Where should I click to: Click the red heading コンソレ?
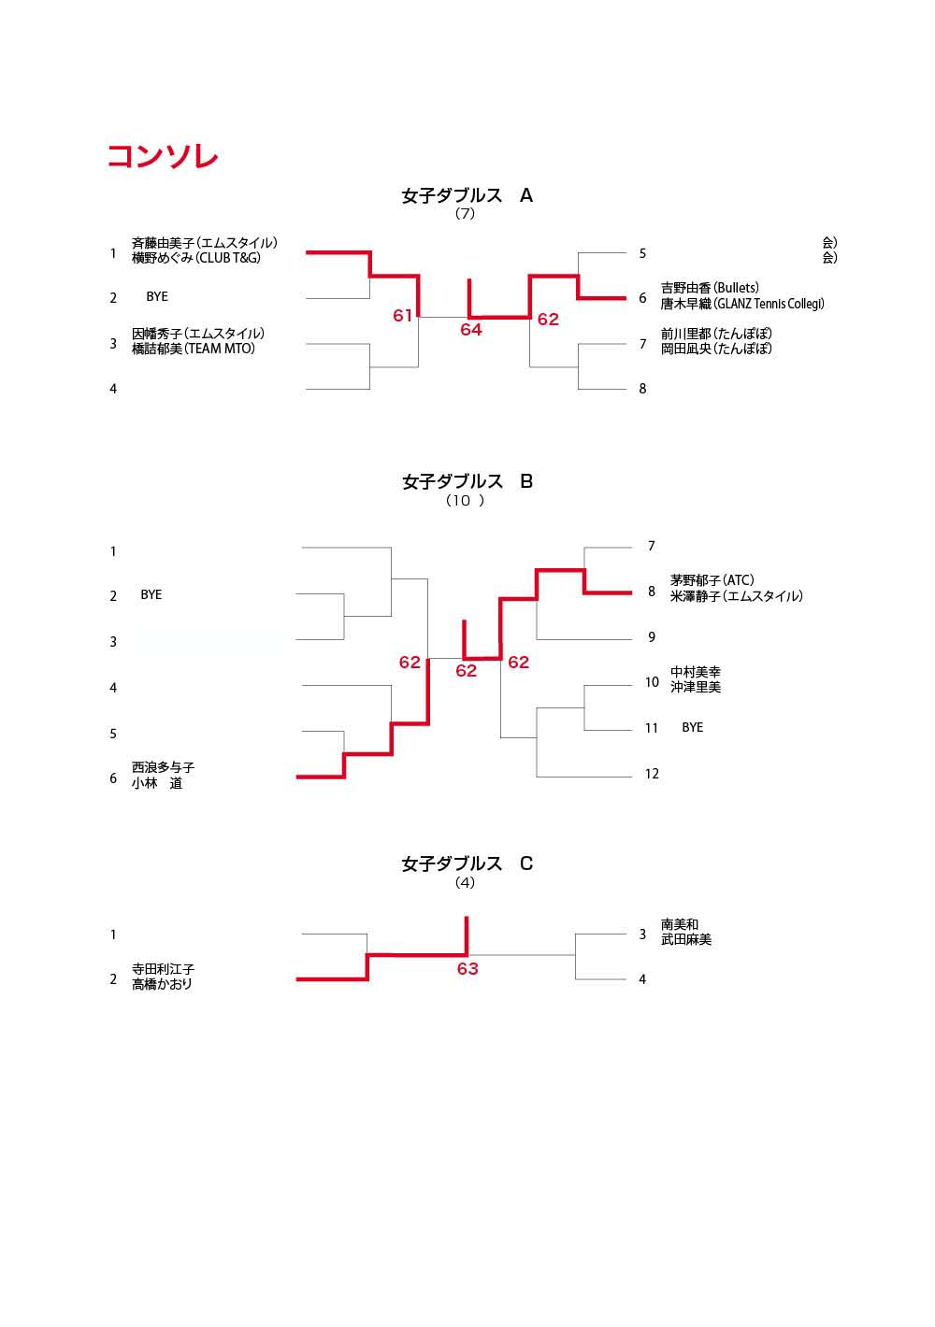tap(163, 156)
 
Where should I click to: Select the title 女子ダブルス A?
tap(467, 195)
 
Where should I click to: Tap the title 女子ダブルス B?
tap(467, 481)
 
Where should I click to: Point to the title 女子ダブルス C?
tap(467, 863)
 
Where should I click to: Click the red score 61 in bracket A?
tap(402, 316)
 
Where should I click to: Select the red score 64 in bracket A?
tap(470, 330)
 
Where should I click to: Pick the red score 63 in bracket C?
tap(467, 968)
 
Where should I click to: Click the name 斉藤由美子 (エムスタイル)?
tap(205, 243)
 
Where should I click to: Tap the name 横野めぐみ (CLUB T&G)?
tap(195, 258)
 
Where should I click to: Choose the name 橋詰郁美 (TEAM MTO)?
tap(194, 349)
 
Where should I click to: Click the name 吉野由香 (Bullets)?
tap(710, 288)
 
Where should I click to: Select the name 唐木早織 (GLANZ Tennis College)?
tap(742, 304)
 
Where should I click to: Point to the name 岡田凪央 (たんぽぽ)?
tap(716, 349)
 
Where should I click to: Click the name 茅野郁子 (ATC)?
tap(712, 580)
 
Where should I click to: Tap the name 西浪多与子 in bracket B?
tap(163, 767)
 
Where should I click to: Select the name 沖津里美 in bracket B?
tap(696, 687)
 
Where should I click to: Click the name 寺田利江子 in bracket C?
tap(163, 968)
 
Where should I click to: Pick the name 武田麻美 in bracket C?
tap(686, 939)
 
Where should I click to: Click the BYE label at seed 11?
tap(692, 727)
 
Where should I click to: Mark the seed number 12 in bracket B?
tap(652, 774)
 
